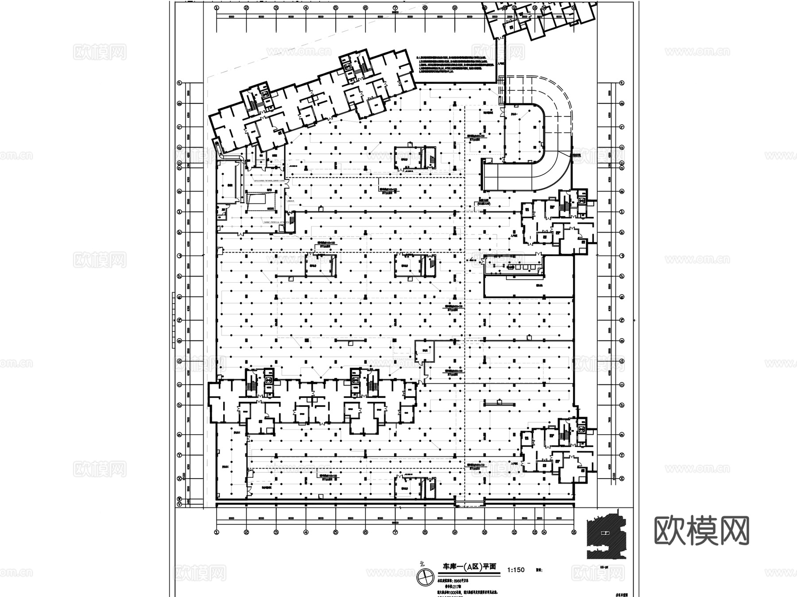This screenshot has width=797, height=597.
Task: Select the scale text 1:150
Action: (x=516, y=570)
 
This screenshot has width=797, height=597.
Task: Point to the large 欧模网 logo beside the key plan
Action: (x=701, y=531)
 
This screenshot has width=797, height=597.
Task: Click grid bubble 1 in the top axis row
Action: (x=216, y=8)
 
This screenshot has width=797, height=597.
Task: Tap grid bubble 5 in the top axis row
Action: (x=336, y=8)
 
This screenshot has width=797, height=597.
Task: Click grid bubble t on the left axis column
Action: (x=179, y=83)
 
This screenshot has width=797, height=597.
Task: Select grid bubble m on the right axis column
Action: (x=622, y=191)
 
